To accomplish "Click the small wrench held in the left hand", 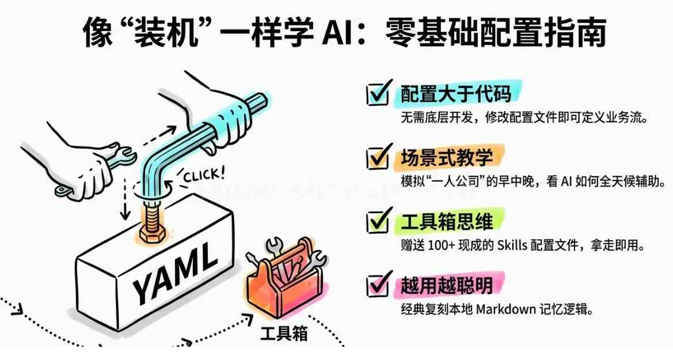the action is coord(97,170).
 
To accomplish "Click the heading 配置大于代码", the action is coord(456,94).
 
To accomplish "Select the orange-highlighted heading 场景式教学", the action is coord(446,158).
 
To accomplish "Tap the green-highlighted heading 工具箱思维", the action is coord(446,221).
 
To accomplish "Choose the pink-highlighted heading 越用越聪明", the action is coord(446,285).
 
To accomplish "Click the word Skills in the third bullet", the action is coord(512,245).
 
